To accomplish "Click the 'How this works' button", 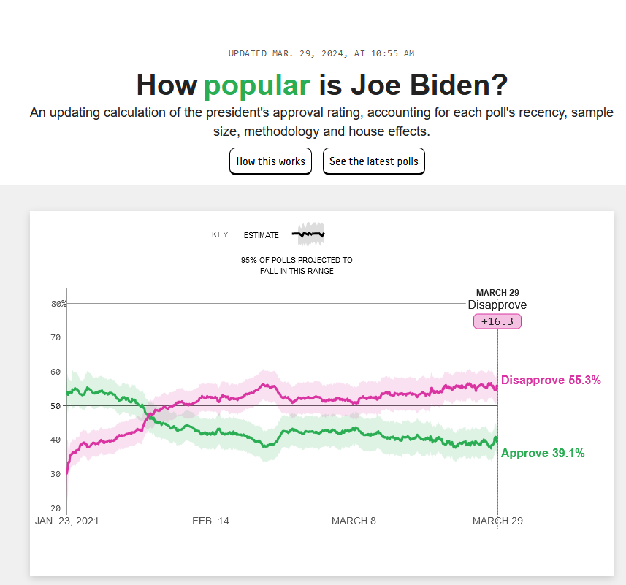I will [x=270, y=161].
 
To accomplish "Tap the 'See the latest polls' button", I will [x=373, y=161].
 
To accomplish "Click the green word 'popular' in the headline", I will [x=257, y=85].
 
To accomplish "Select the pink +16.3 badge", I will [x=497, y=321].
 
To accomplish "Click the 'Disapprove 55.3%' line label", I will [x=551, y=380].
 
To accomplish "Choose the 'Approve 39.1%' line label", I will [x=543, y=453].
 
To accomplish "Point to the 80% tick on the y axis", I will [x=58, y=304].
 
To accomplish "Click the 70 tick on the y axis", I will [x=55, y=337].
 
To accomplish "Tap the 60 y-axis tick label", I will [x=55, y=372].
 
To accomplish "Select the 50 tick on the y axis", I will [x=55, y=406].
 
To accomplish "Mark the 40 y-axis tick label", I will [x=55, y=440].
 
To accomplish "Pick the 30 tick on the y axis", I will [x=55, y=474].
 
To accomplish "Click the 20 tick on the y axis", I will [x=55, y=508].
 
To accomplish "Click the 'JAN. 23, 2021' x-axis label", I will [x=66, y=521].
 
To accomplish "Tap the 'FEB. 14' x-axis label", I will [x=210, y=521].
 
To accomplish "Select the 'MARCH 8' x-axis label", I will [x=354, y=521].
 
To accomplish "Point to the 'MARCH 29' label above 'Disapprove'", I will [x=497, y=293].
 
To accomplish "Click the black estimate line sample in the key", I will [x=308, y=234].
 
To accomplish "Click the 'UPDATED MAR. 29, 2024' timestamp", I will [x=321, y=53].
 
